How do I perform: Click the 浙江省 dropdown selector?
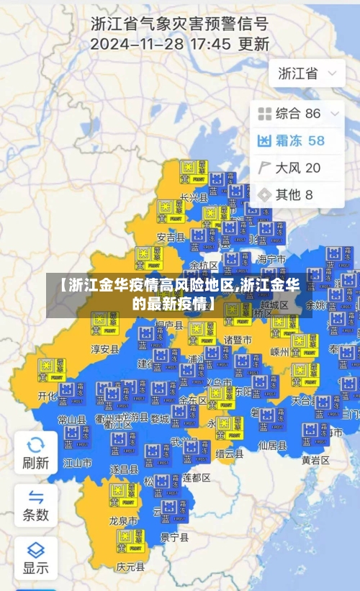tap(307, 73)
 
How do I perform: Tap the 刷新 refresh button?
tap(35, 452)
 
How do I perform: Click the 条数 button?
tap(35, 505)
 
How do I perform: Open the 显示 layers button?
tap(35, 556)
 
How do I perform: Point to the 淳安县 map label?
tap(104, 349)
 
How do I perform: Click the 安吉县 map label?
tap(171, 237)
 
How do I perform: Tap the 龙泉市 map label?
tap(123, 519)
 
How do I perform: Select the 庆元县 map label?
tap(130, 565)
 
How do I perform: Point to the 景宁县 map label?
tap(174, 537)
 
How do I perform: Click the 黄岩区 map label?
tap(315, 459)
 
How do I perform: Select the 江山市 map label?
tap(78, 463)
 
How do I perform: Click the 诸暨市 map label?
tap(238, 340)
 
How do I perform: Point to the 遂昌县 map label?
tap(124, 469)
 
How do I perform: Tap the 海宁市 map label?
tap(271, 259)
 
